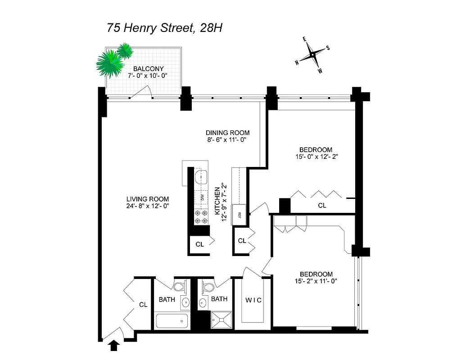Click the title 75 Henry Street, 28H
point(165,28)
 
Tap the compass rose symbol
point(312,55)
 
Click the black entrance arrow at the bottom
point(114,345)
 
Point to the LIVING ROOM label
point(148,199)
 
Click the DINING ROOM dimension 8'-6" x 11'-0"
point(227,140)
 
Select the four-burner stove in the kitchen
point(200,217)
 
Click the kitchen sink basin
point(201,177)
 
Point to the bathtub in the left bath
point(172,321)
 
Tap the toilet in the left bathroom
point(179,286)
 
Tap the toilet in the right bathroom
point(208,287)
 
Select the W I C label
point(253,300)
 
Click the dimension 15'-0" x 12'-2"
point(316,157)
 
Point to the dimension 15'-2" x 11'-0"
point(316,281)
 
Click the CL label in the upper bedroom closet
point(321,205)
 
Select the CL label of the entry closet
point(143,305)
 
